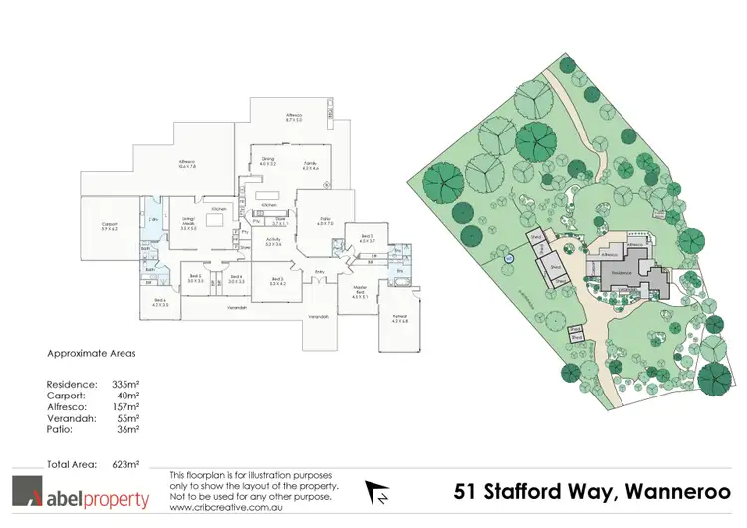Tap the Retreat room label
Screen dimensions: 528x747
tap(400, 319)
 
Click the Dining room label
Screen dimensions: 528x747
tap(268, 161)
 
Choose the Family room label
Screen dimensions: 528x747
tap(311, 165)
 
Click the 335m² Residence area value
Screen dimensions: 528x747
tap(124, 384)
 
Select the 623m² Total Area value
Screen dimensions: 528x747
tap(124, 465)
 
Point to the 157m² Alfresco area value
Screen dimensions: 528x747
tap(124, 407)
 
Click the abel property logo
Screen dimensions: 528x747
tap(81, 495)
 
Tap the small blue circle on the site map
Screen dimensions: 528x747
tap(509, 258)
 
